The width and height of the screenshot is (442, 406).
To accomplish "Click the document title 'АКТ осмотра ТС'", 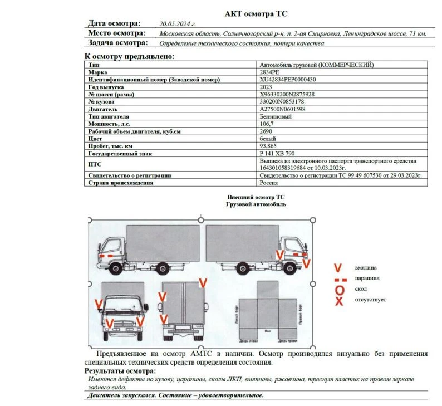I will [x=256, y=13].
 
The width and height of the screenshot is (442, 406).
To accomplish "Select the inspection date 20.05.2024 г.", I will [x=178, y=24].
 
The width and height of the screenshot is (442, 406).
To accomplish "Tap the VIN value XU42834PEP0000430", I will [x=288, y=80].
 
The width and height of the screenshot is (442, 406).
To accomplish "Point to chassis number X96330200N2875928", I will [x=287, y=94].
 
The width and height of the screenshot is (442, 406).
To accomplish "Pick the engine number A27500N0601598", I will [x=283, y=109].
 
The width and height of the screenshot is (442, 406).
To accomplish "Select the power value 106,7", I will [x=267, y=124].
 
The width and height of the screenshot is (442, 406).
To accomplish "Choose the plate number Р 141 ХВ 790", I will [x=277, y=153].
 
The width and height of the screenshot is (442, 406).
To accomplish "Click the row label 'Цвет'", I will [x=95, y=138].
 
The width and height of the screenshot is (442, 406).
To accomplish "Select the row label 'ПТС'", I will [x=94, y=164].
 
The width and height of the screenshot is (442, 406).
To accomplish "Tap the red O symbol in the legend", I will [x=338, y=290].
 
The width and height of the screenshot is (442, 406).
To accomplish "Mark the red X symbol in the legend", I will [x=338, y=301].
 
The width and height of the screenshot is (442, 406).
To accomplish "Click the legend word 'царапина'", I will [x=368, y=278].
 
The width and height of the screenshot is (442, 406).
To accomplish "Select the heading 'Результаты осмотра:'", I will [x=120, y=371].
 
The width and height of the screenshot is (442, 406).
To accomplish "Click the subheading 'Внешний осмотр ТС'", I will [x=256, y=198].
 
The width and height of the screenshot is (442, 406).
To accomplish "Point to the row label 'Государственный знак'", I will [x=120, y=153].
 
